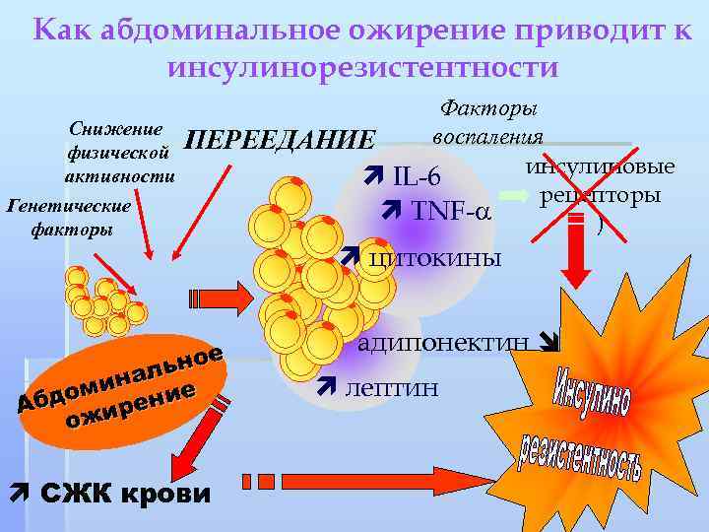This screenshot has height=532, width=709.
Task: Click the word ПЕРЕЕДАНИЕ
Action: [x=281, y=140]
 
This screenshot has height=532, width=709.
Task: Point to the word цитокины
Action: [x=433, y=257]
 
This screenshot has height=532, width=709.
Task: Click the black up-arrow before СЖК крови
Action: [x=17, y=491]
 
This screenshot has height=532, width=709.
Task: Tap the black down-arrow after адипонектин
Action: [x=549, y=344]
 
